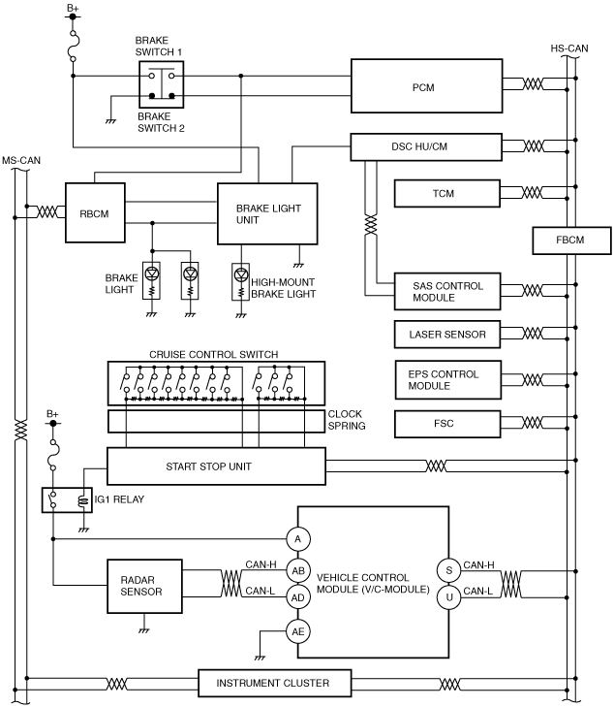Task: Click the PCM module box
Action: (x=426, y=85)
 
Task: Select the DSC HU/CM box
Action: (x=426, y=147)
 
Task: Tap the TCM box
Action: (x=447, y=193)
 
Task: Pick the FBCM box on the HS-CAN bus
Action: (x=571, y=241)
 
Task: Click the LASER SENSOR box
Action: (x=447, y=335)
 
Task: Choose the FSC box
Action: (x=447, y=424)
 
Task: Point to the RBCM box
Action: (x=95, y=212)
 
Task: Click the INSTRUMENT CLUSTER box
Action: (x=275, y=683)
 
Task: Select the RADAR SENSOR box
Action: (x=144, y=586)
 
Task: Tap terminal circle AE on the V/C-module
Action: (x=298, y=631)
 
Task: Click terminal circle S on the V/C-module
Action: (x=448, y=570)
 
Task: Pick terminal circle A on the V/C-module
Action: (x=298, y=539)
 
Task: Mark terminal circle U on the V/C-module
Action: (x=448, y=597)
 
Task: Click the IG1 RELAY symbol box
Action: (x=67, y=499)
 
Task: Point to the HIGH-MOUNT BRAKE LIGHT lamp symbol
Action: (x=241, y=282)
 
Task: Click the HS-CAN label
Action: (x=569, y=48)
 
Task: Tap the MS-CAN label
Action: (x=21, y=161)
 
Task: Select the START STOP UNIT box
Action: (x=216, y=466)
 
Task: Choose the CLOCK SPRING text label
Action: (x=346, y=420)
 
